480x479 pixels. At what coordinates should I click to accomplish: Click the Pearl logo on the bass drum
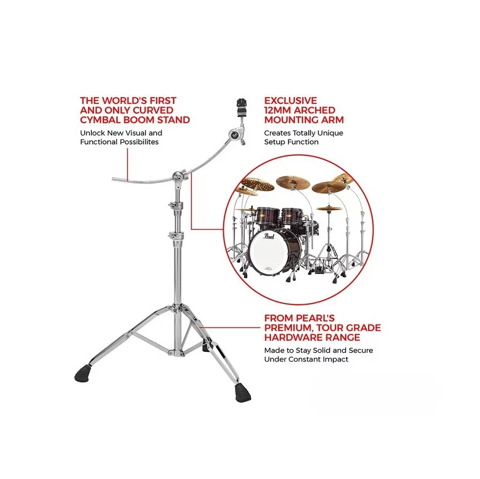[x=268, y=236]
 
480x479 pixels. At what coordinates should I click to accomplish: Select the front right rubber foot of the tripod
[x=243, y=393]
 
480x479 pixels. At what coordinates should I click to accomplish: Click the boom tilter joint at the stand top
[x=178, y=177]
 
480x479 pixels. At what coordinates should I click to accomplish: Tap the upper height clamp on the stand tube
[x=176, y=206]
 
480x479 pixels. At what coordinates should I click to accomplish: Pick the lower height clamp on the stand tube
[x=176, y=236]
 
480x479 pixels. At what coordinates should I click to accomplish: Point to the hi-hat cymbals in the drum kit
[x=329, y=208]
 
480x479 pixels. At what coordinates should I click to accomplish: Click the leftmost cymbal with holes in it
[x=257, y=185]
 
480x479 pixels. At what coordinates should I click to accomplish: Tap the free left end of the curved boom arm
[x=113, y=178]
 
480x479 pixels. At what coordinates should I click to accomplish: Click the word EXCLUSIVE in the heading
[x=291, y=101]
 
